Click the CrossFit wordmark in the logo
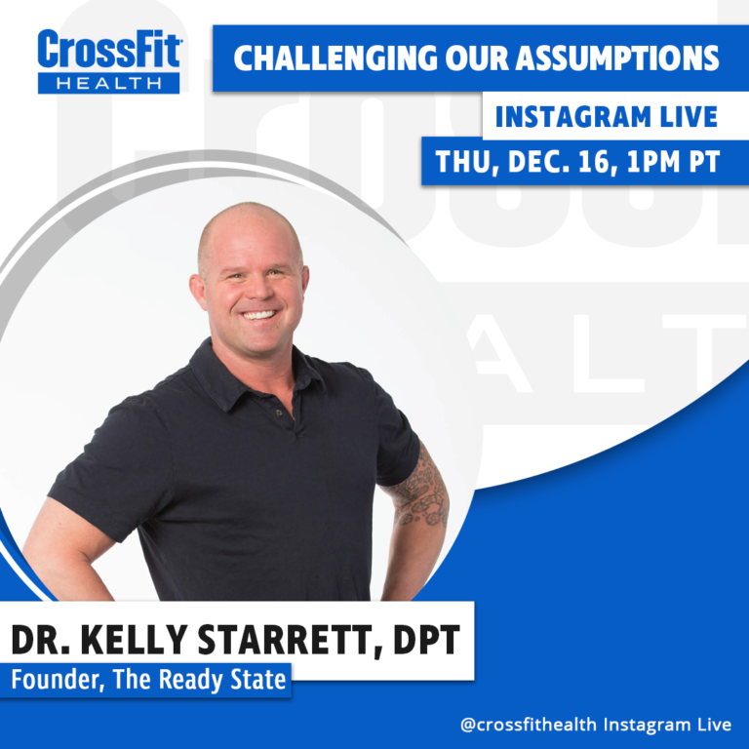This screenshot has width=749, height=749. click(109, 50)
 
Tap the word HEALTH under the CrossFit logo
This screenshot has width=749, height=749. click(109, 84)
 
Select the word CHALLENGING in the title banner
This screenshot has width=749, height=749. click(335, 59)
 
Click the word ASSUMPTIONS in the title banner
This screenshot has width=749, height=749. click(617, 59)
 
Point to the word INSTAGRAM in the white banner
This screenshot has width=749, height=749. click(573, 117)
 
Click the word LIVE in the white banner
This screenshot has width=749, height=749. click(689, 117)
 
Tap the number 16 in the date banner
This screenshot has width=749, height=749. click(594, 162)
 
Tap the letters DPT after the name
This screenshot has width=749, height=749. click(426, 640)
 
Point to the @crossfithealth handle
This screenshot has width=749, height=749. click(529, 725)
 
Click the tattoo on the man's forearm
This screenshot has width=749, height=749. click(419, 489)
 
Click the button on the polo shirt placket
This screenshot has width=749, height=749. click(279, 413)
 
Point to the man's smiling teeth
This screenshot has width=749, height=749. click(258, 315)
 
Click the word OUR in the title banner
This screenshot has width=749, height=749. click(476, 59)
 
